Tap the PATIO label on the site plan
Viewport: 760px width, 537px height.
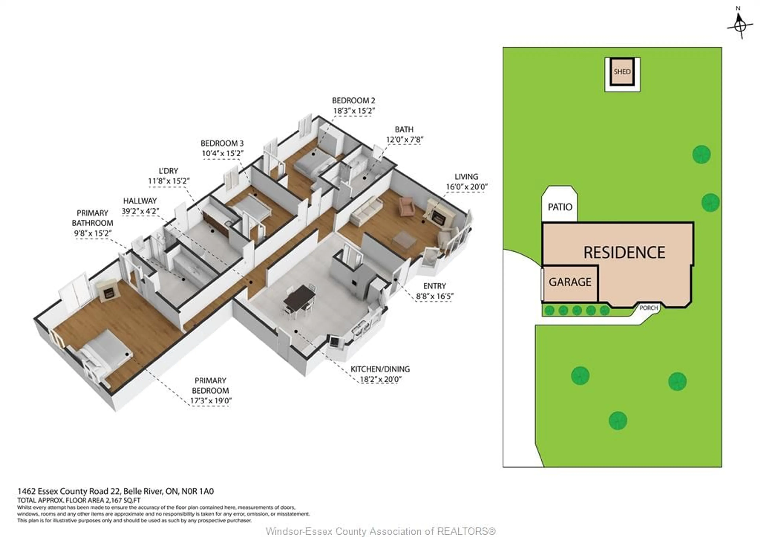pyautogui.click(x=560, y=207)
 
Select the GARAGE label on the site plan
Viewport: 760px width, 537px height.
pyautogui.click(x=570, y=282)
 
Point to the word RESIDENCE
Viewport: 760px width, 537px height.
pyautogui.click(x=624, y=252)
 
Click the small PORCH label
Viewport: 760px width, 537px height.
pyautogui.click(x=648, y=308)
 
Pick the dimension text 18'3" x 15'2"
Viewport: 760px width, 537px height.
pyautogui.click(x=353, y=111)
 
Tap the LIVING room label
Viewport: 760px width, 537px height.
pyautogui.click(x=466, y=176)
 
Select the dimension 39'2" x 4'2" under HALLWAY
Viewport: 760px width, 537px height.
pyautogui.click(x=140, y=211)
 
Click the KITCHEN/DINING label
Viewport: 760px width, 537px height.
pyautogui.click(x=380, y=369)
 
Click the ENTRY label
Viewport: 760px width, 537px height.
pyautogui.click(x=434, y=286)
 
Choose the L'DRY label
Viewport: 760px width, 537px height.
pyautogui.click(x=168, y=171)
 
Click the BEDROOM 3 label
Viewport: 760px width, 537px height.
pyautogui.click(x=222, y=143)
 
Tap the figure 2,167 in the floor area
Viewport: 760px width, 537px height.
pyautogui.click(x=114, y=500)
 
